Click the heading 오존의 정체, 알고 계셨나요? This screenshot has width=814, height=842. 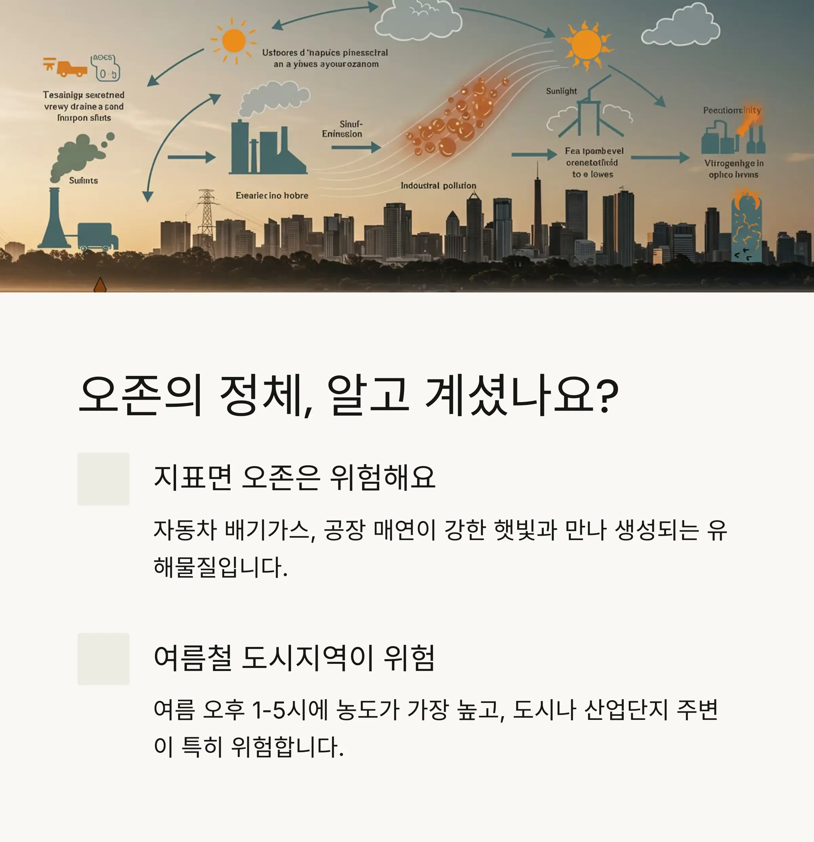tap(348, 395)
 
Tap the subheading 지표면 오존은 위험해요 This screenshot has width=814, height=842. tap(295, 478)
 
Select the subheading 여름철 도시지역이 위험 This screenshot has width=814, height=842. tap(295, 658)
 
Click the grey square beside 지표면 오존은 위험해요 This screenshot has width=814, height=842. tap(103, 479)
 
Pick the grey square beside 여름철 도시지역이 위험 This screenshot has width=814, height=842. tap(103, 659)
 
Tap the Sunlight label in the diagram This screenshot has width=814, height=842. tap(561, 91)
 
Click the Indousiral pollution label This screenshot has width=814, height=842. tap(438, 186)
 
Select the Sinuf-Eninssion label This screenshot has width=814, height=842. tap(342, 129)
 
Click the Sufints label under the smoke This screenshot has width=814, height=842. tap(83, 180)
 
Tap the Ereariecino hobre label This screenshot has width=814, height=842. tap(272, 195)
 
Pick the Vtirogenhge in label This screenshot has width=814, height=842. tap(734, 163)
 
